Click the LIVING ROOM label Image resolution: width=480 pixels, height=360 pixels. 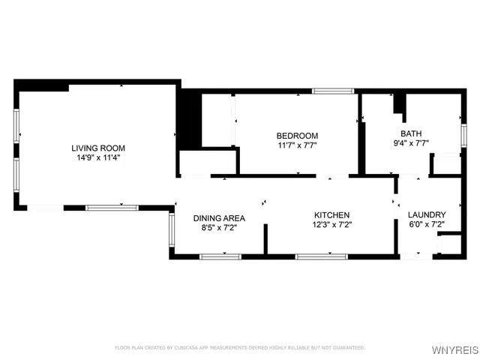click(x=98, y=148)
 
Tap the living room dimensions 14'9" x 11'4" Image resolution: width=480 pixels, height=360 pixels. click(x=98, y=158)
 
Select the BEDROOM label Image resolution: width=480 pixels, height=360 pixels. click(x=298, y=135)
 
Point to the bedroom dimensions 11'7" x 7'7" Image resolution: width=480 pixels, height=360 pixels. click(x=298, y=145)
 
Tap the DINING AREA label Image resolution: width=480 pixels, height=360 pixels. click(x=219, y=218)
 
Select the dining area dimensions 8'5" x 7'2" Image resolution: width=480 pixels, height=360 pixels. click(x=219, y=229)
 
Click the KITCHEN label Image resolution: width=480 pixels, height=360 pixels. click(x=332, y=214)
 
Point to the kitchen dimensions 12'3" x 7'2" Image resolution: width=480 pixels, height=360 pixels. click(x=332, y=224)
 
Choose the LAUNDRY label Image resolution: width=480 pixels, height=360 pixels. click(x=427, y=214)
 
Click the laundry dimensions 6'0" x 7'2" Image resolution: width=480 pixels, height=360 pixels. click(x=427, y=224)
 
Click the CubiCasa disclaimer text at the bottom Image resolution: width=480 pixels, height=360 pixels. click(x=239, y=347)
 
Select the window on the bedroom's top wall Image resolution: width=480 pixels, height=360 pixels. click(x=333, y=91)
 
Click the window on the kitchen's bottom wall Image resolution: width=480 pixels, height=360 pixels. click(x=321, y=256)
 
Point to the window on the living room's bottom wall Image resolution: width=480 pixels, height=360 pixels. click(x=112, y=208)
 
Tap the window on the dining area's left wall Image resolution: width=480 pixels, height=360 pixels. click(x=172, y=232)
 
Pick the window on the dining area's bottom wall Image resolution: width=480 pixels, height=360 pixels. click(x=220, y=256)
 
